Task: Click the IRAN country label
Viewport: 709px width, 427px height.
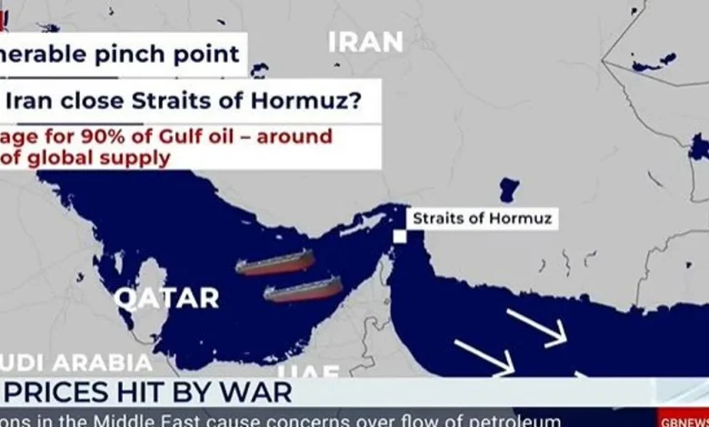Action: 365,41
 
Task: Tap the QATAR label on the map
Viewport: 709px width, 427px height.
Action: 166,297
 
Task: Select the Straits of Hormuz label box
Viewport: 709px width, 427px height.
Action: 482,218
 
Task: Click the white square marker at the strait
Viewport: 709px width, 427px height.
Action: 399,236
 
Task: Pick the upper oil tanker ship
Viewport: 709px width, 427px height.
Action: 275,262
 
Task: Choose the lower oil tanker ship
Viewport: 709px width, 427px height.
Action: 303,290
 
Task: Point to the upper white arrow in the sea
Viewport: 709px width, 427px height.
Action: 536,328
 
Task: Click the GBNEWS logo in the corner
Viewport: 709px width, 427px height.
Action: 684,421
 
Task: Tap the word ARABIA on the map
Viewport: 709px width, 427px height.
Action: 101,362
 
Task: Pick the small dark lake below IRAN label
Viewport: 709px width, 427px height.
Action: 508,190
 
